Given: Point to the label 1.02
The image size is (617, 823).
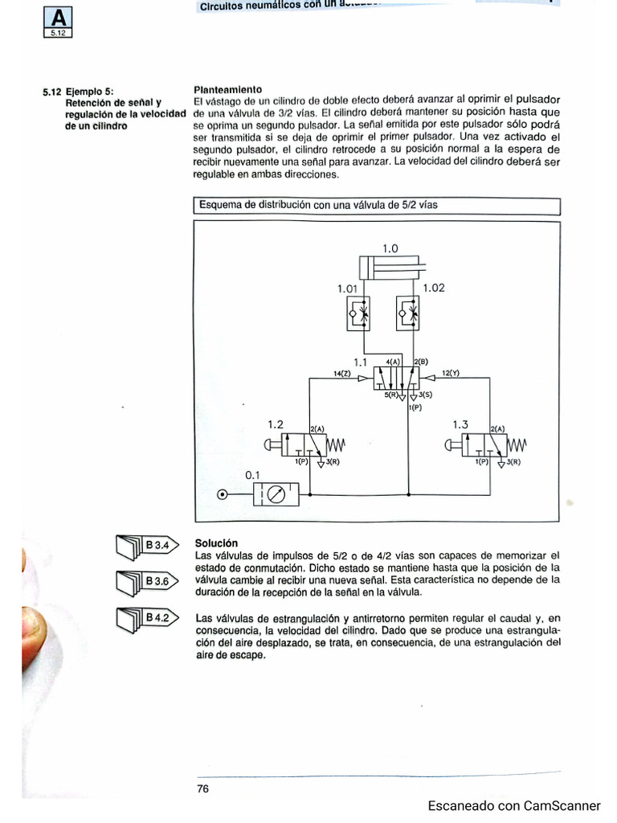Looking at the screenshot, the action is click(x=433, y=287).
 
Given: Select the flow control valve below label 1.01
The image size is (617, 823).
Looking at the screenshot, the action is click(x=358, y=313).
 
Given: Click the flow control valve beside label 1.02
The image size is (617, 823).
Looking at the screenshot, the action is click(x=408, y=313).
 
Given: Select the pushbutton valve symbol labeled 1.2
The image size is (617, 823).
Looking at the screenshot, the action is click(x=309, y=445).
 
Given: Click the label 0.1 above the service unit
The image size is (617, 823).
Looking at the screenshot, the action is click(x=253, y=475).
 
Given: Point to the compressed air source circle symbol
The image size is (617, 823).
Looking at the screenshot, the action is click(x=222, y=494).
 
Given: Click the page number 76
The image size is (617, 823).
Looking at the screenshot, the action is click(x=202, y=788).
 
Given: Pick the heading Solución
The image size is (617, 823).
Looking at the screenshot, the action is click(x=216, y=543).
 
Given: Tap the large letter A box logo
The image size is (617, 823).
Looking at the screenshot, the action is click(x=59, y=23).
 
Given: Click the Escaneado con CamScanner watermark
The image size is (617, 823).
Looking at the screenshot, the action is click(x=513, y=805).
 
